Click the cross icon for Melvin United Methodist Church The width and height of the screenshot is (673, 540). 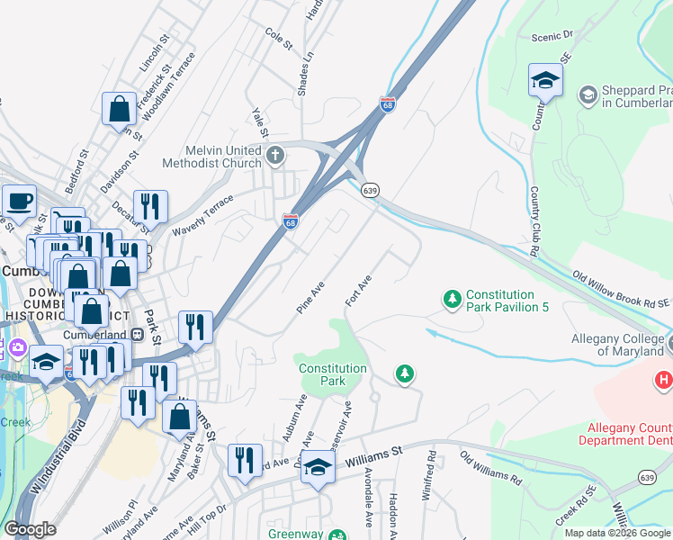(276, 156)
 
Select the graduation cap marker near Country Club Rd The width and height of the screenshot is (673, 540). (545, 82)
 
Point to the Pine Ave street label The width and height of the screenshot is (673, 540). (310, 296)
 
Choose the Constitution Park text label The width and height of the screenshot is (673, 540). (332, 374)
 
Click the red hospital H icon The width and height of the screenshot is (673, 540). (664, 381)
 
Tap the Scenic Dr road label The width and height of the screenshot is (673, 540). (552, 35)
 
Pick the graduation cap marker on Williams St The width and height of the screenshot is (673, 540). (318, 469)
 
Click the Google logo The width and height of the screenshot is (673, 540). (31, 528)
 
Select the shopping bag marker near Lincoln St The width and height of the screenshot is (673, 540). (119, 111)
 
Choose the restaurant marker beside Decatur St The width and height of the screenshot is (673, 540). (150, 208)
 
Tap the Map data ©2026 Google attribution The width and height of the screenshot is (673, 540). (616, 532)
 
